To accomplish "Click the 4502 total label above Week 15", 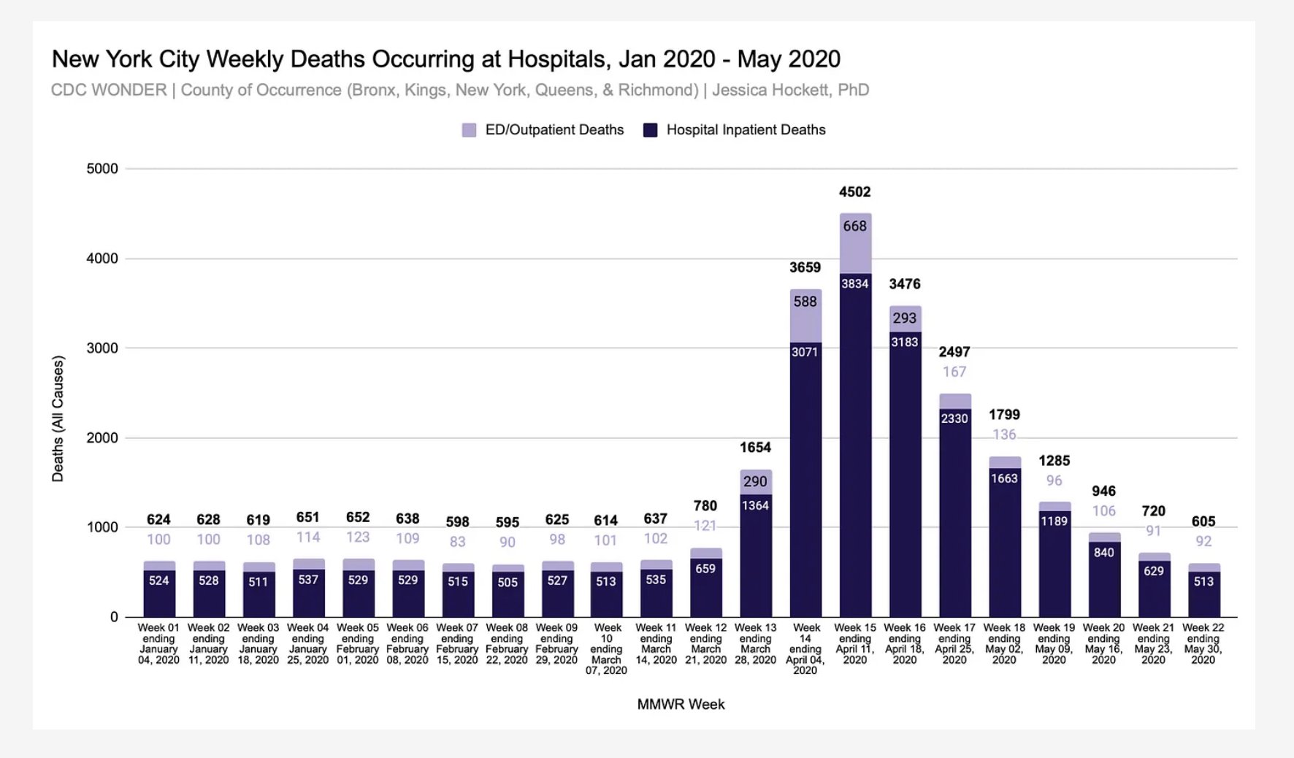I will coord(854,192).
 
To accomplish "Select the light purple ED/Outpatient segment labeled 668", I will coord(855,243).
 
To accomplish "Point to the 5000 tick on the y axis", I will coord(102,169).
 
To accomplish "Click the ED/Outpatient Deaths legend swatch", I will coord(469,130).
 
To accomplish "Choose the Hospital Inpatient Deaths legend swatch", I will coord(650,130).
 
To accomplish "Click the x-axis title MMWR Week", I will coord(681,705).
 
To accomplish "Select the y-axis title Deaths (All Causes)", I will coord(58,418).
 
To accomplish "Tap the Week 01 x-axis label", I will coord(158,643).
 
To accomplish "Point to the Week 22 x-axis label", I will coord(1203,643).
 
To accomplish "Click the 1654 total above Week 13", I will coord(755,448).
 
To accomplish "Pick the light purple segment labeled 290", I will coord(755,482).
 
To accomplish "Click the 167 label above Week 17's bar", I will coord(954,372).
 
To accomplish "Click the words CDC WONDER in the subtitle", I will coord(109,90).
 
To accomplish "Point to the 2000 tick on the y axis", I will coord(102,438).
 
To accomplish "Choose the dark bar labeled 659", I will coord(705,588).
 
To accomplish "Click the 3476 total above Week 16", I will coord(904,284).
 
